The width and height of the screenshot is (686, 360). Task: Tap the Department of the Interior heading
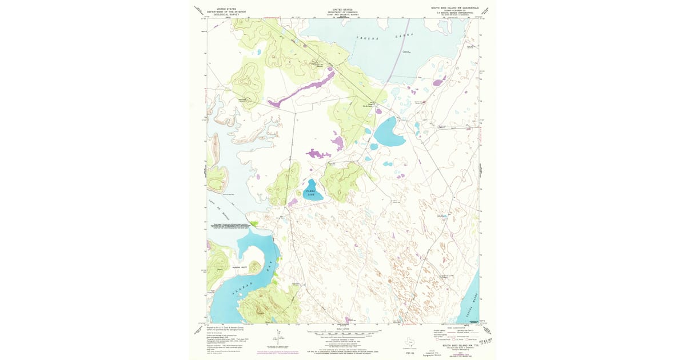(x=224, y=11)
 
